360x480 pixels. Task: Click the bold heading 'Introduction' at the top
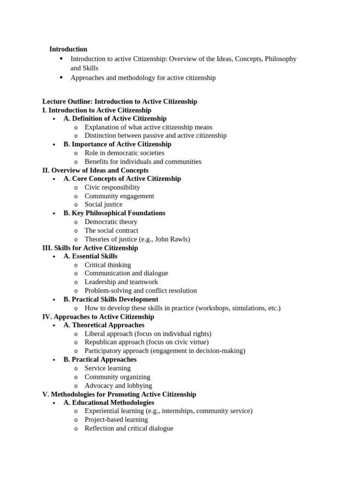(x=68, y=49)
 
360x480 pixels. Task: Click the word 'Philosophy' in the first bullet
(x=280, y=59)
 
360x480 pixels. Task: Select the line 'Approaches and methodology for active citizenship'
(x=143, y=78)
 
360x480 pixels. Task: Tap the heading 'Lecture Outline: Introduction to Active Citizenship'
(x=120, y=102)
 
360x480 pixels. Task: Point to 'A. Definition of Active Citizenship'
(x=115, y=119)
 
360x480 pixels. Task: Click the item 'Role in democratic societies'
(x=124, y=153)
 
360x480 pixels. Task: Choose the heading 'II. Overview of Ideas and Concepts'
(x=95, y=170)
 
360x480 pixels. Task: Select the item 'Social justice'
(x=103, y=204)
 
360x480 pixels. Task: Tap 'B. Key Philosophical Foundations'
(x=114, y=213)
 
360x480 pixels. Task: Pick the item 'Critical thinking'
(x=108, y=265)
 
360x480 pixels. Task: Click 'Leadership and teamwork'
(x=121, y=282)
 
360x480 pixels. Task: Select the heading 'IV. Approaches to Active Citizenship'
(x=98, y=317)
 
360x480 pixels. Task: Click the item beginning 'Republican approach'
(x=146, y=342)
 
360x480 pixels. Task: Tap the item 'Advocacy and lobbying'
(x=118, y=385)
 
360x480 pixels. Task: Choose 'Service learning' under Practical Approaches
(x=107, y=368)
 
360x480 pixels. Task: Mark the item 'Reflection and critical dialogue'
(x=129, y=428)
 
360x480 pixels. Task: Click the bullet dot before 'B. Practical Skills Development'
(x=55, y=300)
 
